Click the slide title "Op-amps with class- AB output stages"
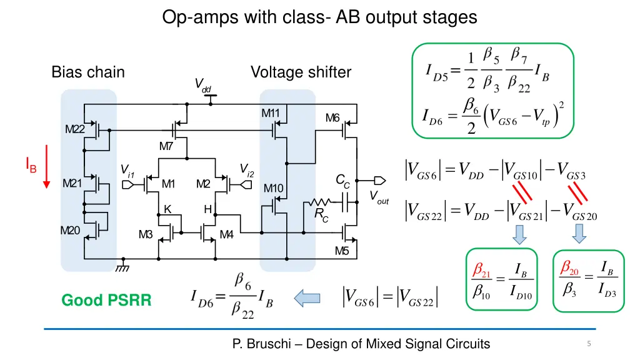coord(319,17)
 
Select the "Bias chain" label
coord(88,72)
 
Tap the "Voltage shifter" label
coord(301,72)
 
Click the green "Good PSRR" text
coord(106,301)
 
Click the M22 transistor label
coord(74,129)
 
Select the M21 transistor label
coord(72,183)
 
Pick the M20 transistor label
coord(70,230)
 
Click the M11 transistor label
coord(270,113)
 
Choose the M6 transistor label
coord(332,118)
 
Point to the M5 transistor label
coord(341,251)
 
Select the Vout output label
coord(378,197)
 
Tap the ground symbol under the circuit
coord(123,267)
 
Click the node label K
coord(167,209)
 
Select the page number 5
coord(589,343)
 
